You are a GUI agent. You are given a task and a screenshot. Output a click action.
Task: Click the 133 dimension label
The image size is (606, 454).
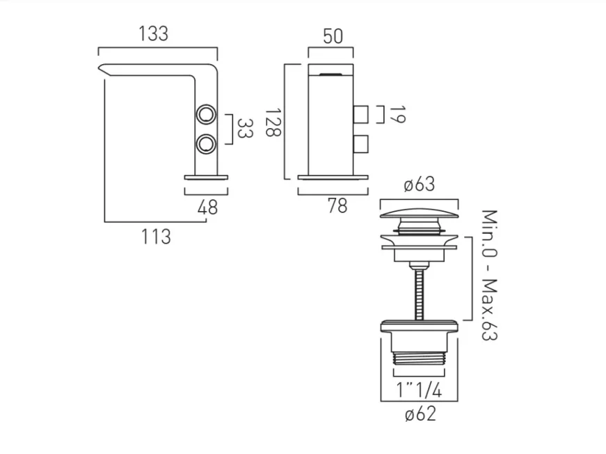pos(154,33)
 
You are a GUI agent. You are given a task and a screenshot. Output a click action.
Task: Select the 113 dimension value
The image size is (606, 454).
pos(156,236)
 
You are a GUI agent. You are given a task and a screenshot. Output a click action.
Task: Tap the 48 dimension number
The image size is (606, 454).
pos(207,207)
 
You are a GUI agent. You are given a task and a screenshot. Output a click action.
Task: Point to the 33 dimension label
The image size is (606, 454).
pos(244,128)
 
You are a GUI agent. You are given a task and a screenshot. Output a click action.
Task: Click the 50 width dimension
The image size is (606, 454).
pos(333,36)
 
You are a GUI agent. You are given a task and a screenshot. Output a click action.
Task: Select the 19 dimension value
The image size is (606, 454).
pos(397,114)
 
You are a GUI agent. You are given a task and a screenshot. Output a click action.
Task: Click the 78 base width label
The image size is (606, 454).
pos(336,206)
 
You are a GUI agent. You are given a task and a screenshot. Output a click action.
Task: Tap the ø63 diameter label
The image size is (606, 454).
pos(420,185)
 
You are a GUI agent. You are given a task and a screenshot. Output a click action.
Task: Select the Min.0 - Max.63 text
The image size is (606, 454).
pos(490,275)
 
